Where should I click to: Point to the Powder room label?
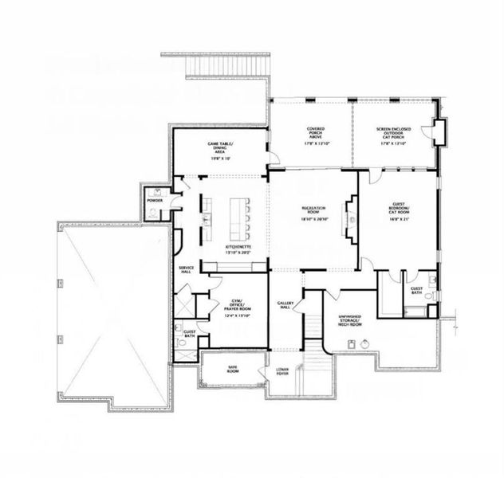(x=156, y=200)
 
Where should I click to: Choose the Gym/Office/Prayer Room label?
(x=234, y=304)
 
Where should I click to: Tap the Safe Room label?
(x=233, y=368)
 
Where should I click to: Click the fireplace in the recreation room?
(x=348, y=218)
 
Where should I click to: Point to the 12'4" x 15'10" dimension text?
(x=234, y=315)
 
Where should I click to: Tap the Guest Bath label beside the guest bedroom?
(x=417, y=289)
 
